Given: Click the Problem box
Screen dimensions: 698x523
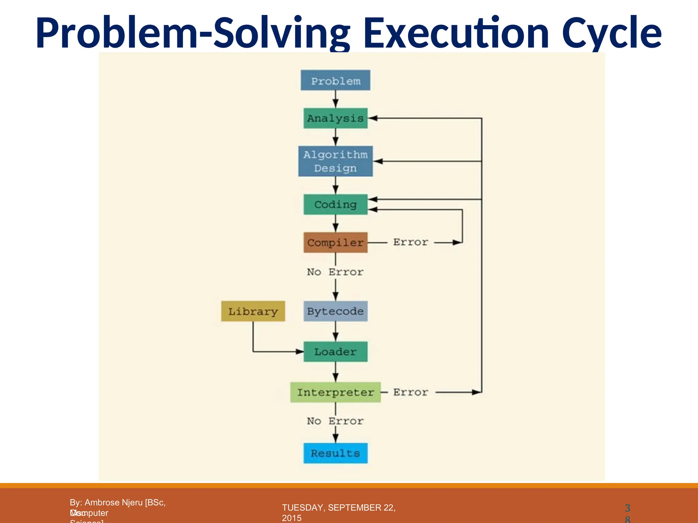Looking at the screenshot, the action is coord(335,80).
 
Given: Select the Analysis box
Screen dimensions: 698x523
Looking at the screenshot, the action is coord(335,118).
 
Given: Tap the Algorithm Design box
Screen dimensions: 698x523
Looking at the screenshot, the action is coord(335,161).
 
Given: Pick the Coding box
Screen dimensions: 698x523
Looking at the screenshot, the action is coord(335,204).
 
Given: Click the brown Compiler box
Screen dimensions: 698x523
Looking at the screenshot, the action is coord(335,242).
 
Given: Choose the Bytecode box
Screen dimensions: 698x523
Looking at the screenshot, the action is coord(335,311).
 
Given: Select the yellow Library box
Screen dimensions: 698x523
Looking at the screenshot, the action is coord(253,311).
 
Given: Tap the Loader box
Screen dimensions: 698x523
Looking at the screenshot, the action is coord(335,351).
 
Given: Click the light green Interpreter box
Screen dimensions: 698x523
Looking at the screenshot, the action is coord(335,392).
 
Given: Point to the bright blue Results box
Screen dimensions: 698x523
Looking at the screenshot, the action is coord(335,453).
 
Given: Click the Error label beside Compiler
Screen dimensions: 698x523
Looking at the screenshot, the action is coord(411,242).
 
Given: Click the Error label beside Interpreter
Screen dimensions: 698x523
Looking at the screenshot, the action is coord(411,392).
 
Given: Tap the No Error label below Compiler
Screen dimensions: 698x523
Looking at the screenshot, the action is coord(335,272).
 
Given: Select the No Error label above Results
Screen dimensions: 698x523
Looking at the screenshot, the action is coord(335,421).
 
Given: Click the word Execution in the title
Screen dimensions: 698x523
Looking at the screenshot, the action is coord(456,33).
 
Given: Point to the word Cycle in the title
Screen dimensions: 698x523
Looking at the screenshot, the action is coord(611,33).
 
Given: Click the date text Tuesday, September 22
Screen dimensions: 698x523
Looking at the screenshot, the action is coord(338,508).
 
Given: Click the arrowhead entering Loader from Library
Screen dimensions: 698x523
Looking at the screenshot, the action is coord(300,352).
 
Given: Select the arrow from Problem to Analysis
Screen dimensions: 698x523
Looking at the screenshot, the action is coord(336,99).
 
